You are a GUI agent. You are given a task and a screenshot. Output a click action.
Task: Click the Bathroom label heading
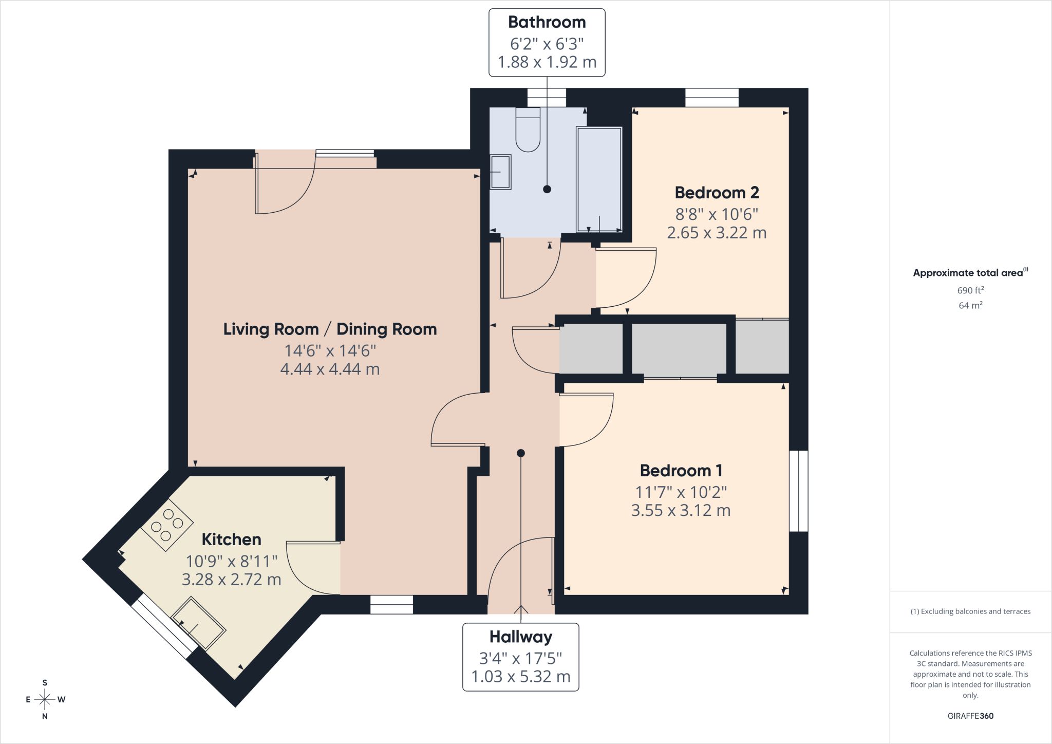pos(547,22)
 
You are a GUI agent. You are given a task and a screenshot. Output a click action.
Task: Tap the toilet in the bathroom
pos(528,129)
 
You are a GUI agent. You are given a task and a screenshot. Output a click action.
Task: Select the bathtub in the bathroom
pos(599,180)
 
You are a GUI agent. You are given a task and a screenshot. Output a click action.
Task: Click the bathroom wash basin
pos(500,172)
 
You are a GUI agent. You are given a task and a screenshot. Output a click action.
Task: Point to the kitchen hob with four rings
pos(167,525)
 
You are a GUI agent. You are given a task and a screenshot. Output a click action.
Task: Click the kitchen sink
pos(198,623)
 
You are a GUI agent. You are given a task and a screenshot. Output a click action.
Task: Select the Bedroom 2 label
pos(717,193)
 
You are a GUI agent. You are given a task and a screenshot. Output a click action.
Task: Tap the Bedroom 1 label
pos(681,471)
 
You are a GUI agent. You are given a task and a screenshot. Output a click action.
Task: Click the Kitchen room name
pos(231,540)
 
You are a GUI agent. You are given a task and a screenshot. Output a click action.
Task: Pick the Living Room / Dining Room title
pos(330,329)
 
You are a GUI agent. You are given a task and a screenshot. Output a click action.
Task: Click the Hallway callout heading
pos(521,637)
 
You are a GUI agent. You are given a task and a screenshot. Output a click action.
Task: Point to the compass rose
pos(45,699)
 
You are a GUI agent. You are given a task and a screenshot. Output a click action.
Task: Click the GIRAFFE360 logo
pos(970,716)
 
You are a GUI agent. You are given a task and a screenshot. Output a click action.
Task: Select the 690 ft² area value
pos(970,290)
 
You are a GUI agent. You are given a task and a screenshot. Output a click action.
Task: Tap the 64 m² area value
pos(970,305)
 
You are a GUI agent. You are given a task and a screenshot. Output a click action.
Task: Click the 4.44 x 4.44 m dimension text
pos(330,369)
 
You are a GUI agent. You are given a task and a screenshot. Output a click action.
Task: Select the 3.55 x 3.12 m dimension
pos(681,510)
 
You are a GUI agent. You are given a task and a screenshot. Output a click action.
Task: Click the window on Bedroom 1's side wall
pos(799,491)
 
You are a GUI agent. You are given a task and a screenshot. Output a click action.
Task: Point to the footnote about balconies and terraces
pos(970,611)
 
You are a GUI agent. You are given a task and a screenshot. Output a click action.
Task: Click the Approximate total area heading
pos(970,273)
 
